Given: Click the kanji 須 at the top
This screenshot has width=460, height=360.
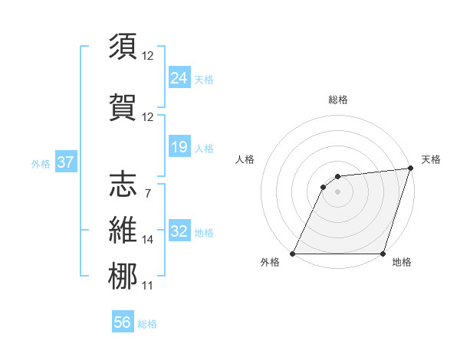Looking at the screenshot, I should pyautogui.click(x=123, y=47).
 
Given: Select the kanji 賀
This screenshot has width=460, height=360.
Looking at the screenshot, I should pyautogui.click(x=123, y=108).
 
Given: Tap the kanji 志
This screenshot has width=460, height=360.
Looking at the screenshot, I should pyautogui.click(x=123, y=184).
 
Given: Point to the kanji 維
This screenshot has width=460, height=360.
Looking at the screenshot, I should pyautogui.click(x=123, y=231).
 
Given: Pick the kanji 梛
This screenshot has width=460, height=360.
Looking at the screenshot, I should pyautogui.click(x=123, y=277).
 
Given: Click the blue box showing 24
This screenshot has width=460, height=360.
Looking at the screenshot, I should pyautogui.click(x=179, y=77).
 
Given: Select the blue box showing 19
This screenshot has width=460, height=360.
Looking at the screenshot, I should pyautogui.click(x=179, y=147).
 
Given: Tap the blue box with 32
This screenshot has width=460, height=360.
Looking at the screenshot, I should pyautogui.click(x=179, y=231).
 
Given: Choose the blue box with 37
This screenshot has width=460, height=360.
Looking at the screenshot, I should pyautogui.click(x=65, y=162).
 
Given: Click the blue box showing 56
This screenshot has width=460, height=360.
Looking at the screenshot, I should pyautogui.click(x=123, y=322).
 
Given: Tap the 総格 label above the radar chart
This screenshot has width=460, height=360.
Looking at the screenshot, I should pyautogui.click(x=337, y=100).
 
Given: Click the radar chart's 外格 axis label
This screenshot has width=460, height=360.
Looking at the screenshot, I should pyautogui.click(x=270, y=263).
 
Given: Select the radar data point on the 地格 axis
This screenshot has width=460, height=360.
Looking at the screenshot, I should pyautogui.click(x=383, y=254).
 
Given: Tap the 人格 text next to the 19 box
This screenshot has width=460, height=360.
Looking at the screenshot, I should pyautogui.click(x=204, y=148).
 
